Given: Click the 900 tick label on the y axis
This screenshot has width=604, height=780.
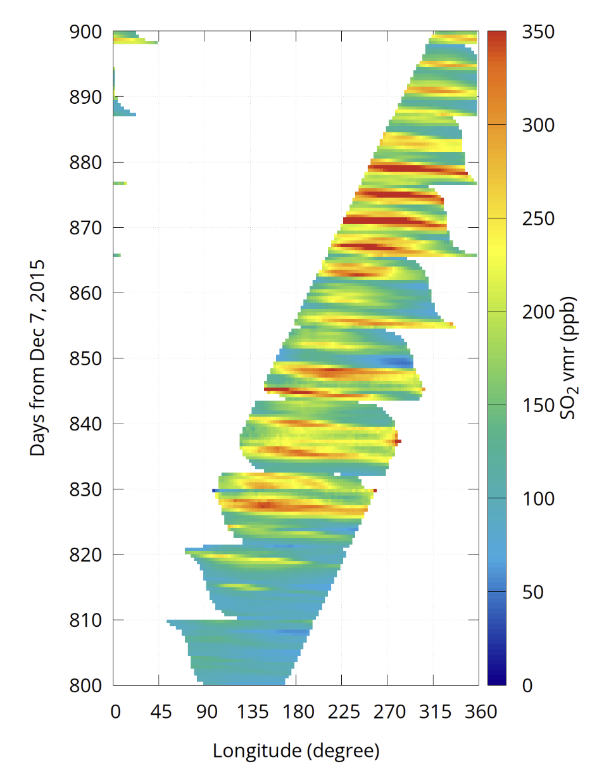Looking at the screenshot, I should (x=86, y=32).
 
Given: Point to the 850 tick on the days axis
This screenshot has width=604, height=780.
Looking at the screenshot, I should (x=86, y=358).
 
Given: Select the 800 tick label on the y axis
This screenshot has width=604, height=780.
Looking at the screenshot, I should (x=86, y=685).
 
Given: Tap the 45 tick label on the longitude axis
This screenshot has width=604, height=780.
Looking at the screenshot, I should (x=161, y=713).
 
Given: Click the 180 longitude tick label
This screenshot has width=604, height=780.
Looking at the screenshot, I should (x=295, y=713).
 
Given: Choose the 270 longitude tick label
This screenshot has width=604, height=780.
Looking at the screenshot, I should (x=387, y=713).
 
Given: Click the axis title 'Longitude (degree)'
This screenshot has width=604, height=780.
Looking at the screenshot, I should (x=296, y=751).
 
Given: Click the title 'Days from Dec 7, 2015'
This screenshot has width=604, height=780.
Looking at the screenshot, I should (x=39, y=358).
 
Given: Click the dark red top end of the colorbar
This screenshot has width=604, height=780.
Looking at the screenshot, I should (x=497, y=34).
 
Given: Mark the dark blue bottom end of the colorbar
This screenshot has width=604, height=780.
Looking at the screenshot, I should (x=497, y=682).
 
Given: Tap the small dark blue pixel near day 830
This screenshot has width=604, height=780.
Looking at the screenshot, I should (x=215, y=490).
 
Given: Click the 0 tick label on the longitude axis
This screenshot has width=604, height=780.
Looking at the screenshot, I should (x=115, y=713).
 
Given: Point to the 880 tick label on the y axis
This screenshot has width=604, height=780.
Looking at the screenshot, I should (x=86, y=162).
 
